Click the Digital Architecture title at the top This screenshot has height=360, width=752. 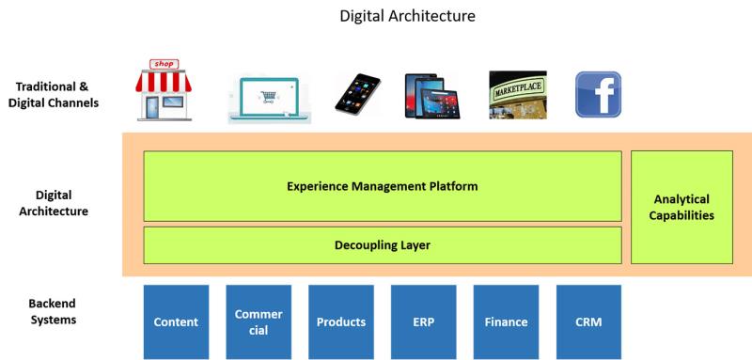(407, 16)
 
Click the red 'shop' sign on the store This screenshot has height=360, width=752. (164, 64)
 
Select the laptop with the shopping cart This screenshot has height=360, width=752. (270, 99)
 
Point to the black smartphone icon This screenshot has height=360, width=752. (358, 94)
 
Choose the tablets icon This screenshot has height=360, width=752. (432, 96)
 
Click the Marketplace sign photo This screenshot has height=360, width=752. (518, 95)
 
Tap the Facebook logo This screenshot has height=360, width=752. (598, 94)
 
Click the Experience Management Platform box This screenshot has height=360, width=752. (383, 186)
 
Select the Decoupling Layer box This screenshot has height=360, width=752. (383, 245)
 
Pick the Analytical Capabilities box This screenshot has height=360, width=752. (681, 207)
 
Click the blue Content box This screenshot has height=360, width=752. (176, 322)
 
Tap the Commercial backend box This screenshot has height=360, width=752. (258, 322)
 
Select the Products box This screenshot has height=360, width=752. (341, 322)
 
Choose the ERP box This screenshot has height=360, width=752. (424, 322)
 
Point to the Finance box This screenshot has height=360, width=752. (506, 322)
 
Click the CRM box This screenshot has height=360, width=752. (588, 322)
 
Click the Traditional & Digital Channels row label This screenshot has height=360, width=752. (54, 94)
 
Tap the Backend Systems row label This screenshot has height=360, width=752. (54, 311)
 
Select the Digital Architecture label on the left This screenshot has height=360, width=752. (54, 203)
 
